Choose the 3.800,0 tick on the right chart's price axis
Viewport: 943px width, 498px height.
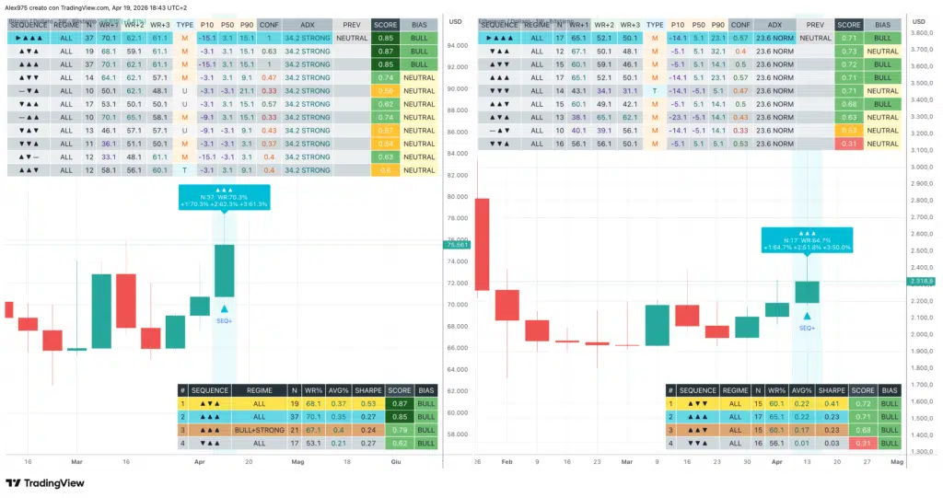(922, 33)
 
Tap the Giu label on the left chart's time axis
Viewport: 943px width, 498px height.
(397, 461)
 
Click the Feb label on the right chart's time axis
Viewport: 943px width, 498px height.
(507, 461)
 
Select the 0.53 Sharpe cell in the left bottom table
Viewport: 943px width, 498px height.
(368, 403)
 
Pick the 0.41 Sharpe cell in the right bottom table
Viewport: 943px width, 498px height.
(832, 403)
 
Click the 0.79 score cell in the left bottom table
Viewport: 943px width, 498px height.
(400, 430)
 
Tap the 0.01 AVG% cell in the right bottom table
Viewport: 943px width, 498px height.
(801, 443)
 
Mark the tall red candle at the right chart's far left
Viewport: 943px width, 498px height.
(483, 244)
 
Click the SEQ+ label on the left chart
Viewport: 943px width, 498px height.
(225, 320)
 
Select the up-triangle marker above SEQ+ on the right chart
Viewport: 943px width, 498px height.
(807, 316)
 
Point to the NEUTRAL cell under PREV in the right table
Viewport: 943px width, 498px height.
(815, 38)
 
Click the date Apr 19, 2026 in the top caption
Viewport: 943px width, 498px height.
(143, 7)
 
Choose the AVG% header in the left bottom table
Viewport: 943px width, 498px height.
(338, 390)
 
